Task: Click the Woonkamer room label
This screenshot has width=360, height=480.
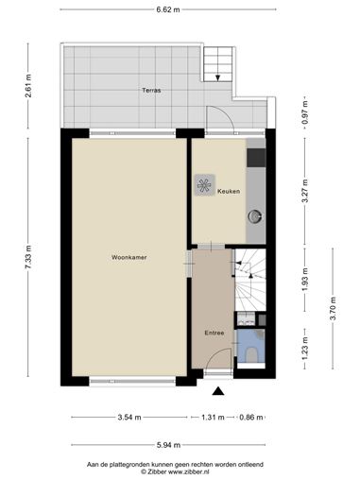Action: pos(129,257)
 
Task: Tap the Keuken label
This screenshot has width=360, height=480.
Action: pos(229,191)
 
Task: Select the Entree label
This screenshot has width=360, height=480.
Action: pos(214,333)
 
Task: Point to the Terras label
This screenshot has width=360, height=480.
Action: pos(151,91)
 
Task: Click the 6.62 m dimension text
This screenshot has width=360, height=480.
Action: pos(168,9)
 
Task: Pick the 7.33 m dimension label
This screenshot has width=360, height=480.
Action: pos(28,257)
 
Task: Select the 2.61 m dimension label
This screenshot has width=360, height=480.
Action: pos(28,86)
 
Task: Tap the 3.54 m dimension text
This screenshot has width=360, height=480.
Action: pos(129,418)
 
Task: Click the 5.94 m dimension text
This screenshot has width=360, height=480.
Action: pos(168,445)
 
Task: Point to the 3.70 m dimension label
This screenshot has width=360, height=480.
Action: pos(333,309)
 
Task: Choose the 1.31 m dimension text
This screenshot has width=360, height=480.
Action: pos(213,418)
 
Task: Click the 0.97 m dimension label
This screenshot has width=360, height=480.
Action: pos(304,112)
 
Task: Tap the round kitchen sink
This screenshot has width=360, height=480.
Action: pos(255,216)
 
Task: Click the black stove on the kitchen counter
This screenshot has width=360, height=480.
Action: pos(256,158)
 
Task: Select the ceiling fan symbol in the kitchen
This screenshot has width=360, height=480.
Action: pos(205,185)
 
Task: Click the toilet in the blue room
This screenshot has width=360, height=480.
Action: pos(251,355)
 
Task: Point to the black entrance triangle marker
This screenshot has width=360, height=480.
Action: pos(218,391)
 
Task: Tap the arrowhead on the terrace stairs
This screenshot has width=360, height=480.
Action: pos(217,78)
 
